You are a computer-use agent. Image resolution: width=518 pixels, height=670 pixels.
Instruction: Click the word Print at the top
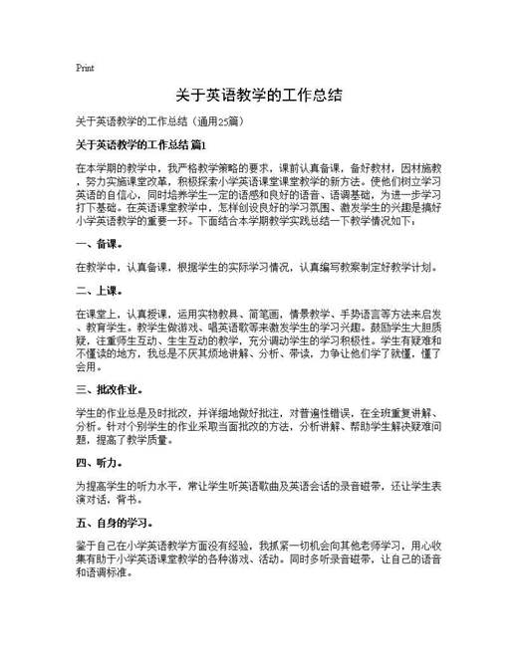(85, 68)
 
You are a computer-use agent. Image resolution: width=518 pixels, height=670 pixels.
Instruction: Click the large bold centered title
(259, 97)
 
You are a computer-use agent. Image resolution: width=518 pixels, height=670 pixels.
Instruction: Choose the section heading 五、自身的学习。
(115, 521)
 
